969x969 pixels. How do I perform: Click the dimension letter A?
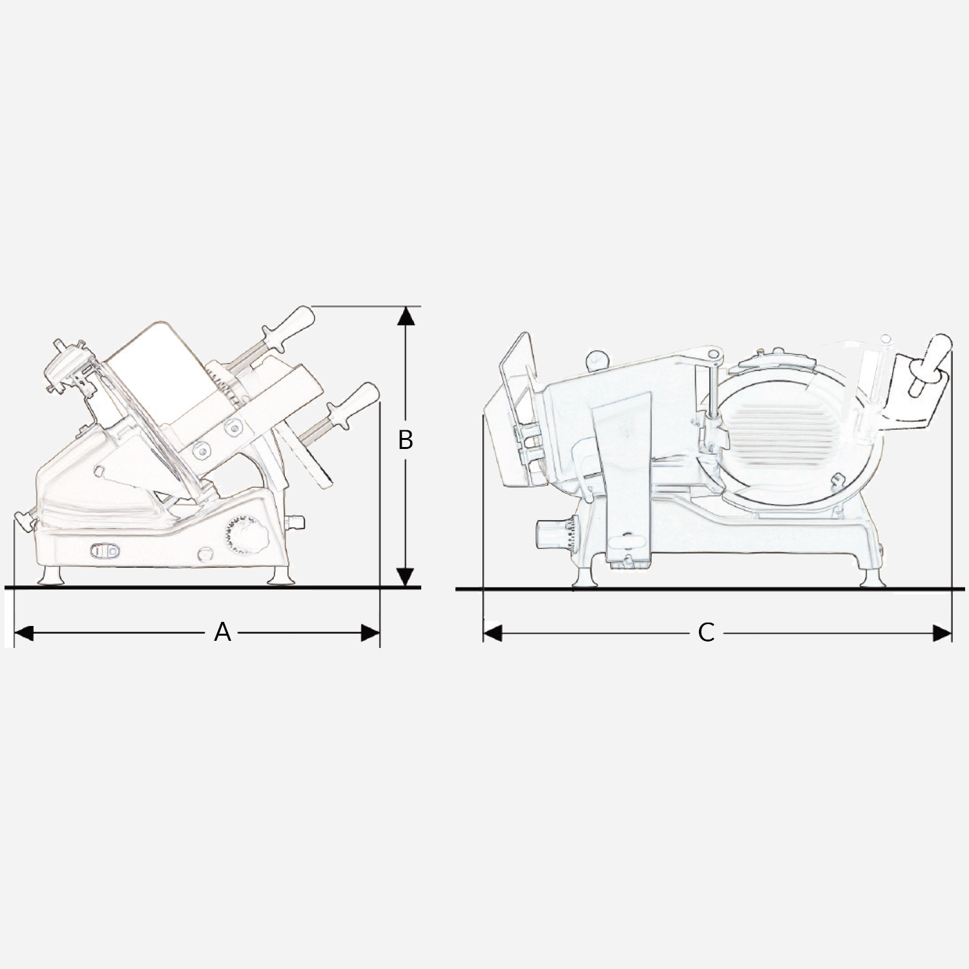pyautogui.click(x=222, y=632)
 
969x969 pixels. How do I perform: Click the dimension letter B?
pyautogui.click(x=405, y=440)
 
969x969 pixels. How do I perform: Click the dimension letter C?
pyautogui.click(x=706, y=632)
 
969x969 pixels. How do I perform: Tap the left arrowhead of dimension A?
pyautogui.click(x=23, y=633)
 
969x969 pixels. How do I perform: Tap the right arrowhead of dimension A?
pyautogui.click(x=370, y=633)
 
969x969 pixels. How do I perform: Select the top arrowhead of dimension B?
pyautogui.click(x=405, y=315)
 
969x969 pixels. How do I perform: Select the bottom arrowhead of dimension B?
pyautogui.click(x=405, y=577)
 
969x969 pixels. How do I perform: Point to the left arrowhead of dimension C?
pyautogui.click(x=493, y=633)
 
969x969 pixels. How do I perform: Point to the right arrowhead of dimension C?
pyautogui.click(x=943, y=633)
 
